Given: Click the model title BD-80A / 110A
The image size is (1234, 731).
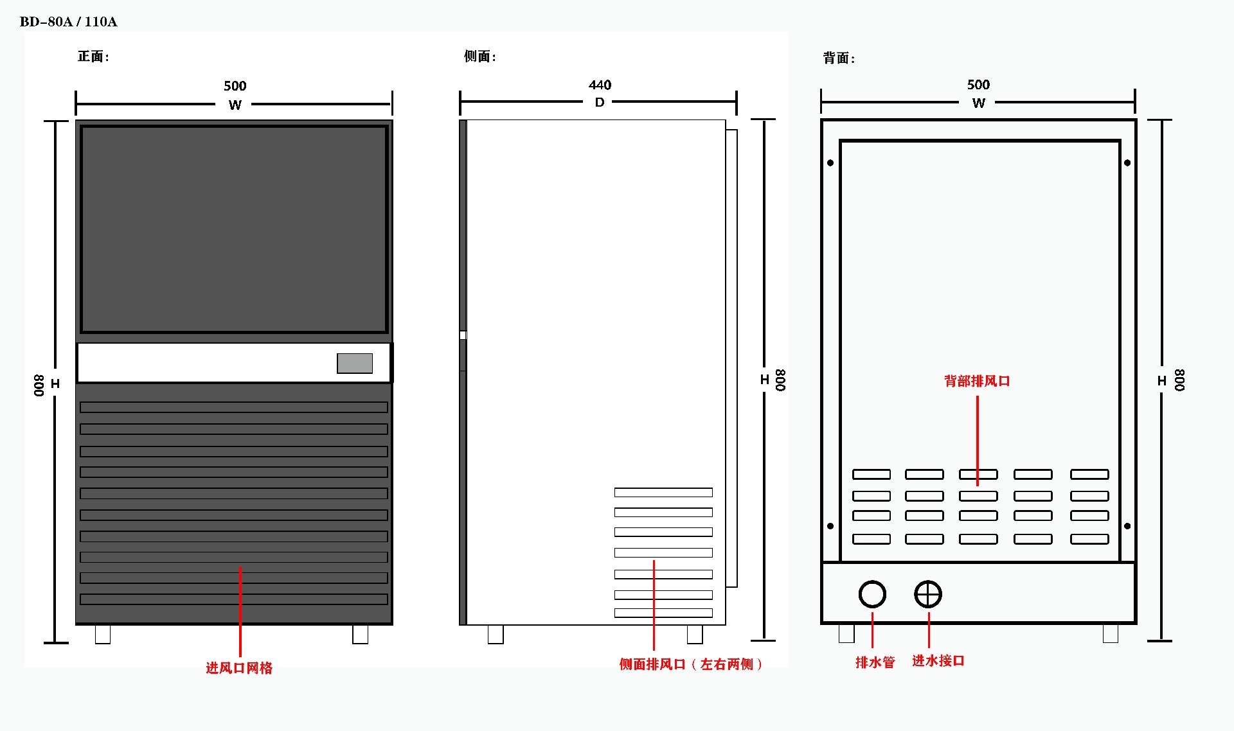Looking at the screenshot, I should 69,22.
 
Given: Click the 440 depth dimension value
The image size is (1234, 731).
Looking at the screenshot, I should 600,85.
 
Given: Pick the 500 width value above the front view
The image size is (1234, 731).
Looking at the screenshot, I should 235,86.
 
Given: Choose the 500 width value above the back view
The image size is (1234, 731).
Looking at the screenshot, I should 978,85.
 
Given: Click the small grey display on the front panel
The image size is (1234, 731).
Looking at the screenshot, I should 355,363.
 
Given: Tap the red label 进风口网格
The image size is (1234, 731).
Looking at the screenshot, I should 239,668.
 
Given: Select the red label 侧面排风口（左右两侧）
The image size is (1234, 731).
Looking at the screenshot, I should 691,664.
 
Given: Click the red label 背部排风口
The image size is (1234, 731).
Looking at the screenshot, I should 977,381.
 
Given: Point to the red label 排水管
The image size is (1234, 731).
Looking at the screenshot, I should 875,662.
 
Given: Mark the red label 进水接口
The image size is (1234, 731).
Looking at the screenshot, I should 938,661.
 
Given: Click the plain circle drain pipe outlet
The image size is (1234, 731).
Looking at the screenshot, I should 872,594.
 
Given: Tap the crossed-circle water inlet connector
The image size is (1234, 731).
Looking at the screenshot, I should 928,594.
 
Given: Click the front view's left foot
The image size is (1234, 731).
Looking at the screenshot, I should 103,635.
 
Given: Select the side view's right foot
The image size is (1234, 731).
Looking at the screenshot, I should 695,635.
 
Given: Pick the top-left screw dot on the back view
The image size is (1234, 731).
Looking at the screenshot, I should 830,163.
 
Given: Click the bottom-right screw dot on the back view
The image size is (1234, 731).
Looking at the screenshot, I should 1127,526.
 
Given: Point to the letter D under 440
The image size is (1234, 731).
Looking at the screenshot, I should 600,103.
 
